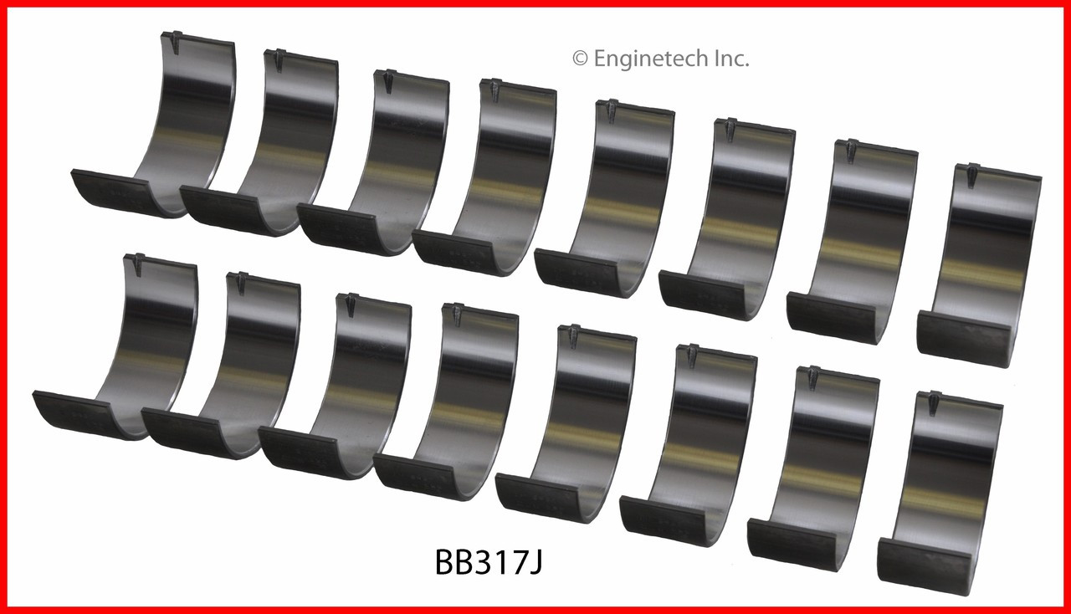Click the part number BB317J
489,563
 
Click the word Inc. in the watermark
729,59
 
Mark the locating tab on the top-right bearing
972,174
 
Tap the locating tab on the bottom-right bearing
935,402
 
